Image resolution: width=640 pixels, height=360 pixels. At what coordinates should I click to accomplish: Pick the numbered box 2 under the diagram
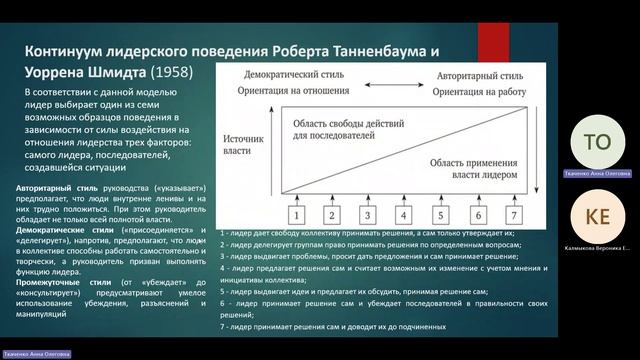pos(332,214)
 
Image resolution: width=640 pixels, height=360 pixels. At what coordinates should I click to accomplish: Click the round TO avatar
pos(597,142)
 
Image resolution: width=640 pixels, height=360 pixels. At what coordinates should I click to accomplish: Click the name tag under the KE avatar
pos(597,247)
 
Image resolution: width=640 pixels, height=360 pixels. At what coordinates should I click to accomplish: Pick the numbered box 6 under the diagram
pos(478,214)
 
